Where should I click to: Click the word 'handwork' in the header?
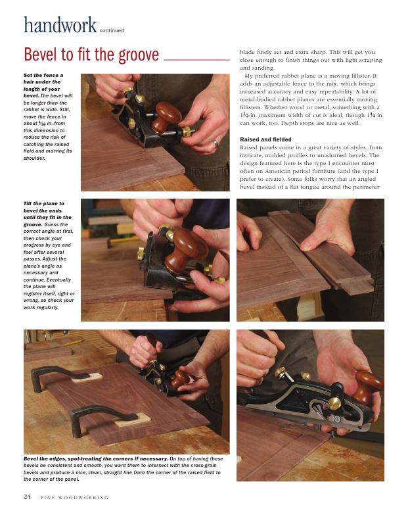60,25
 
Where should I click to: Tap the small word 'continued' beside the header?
112,30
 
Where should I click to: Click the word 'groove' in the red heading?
139,55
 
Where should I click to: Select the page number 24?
27,497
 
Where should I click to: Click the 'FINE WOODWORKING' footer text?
74,498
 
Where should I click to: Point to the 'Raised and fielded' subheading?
265,139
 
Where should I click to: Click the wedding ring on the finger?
215,143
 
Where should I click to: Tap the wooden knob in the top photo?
168,116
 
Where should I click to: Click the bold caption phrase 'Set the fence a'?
43,75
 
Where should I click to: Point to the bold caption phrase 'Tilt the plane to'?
44,204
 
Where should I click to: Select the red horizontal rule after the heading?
196,60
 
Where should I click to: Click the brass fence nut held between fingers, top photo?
187,131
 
